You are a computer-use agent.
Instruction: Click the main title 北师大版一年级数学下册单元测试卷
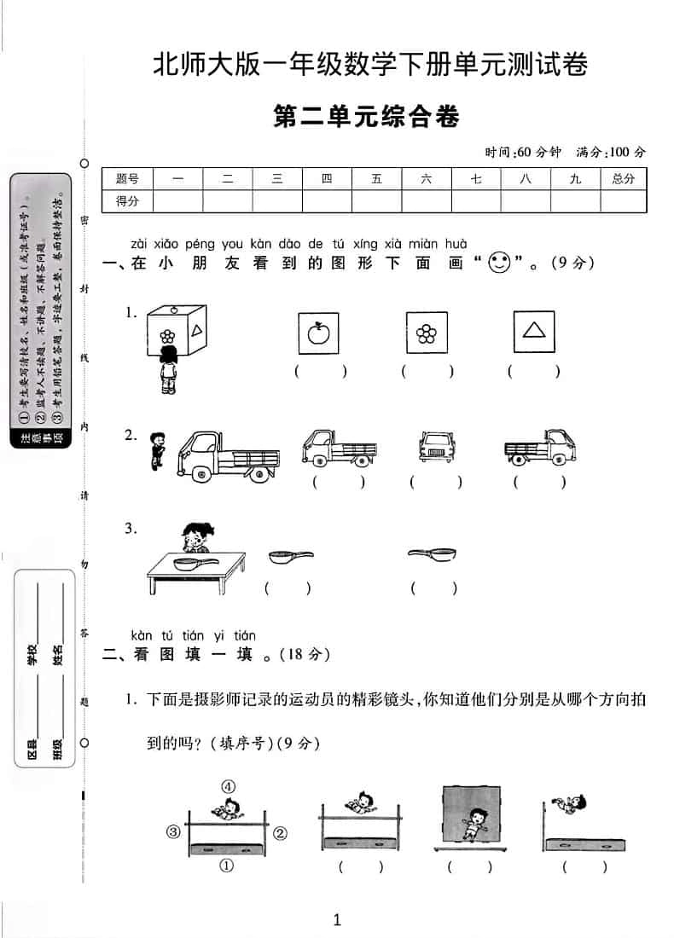[369, 66]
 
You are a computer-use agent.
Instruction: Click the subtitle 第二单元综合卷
[366, 118]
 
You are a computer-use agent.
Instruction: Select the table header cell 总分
[623, 179]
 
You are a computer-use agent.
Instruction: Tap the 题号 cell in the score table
[127, 179]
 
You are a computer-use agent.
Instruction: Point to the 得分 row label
[127, 201]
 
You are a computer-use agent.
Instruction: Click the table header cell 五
[377, 179]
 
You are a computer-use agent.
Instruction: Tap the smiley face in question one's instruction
[499, 263]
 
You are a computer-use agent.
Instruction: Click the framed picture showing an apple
[318, 333]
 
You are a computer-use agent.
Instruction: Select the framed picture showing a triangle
[534, 332]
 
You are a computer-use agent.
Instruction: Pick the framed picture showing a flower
[427, 333]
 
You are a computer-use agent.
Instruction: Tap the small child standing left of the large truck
[156, 449]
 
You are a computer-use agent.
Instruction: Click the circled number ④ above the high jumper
[228, 786]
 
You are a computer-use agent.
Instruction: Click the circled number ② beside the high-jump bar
[281, 831]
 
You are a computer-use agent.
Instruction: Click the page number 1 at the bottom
[337, 919]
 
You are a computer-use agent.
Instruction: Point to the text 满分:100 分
[611, 152]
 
